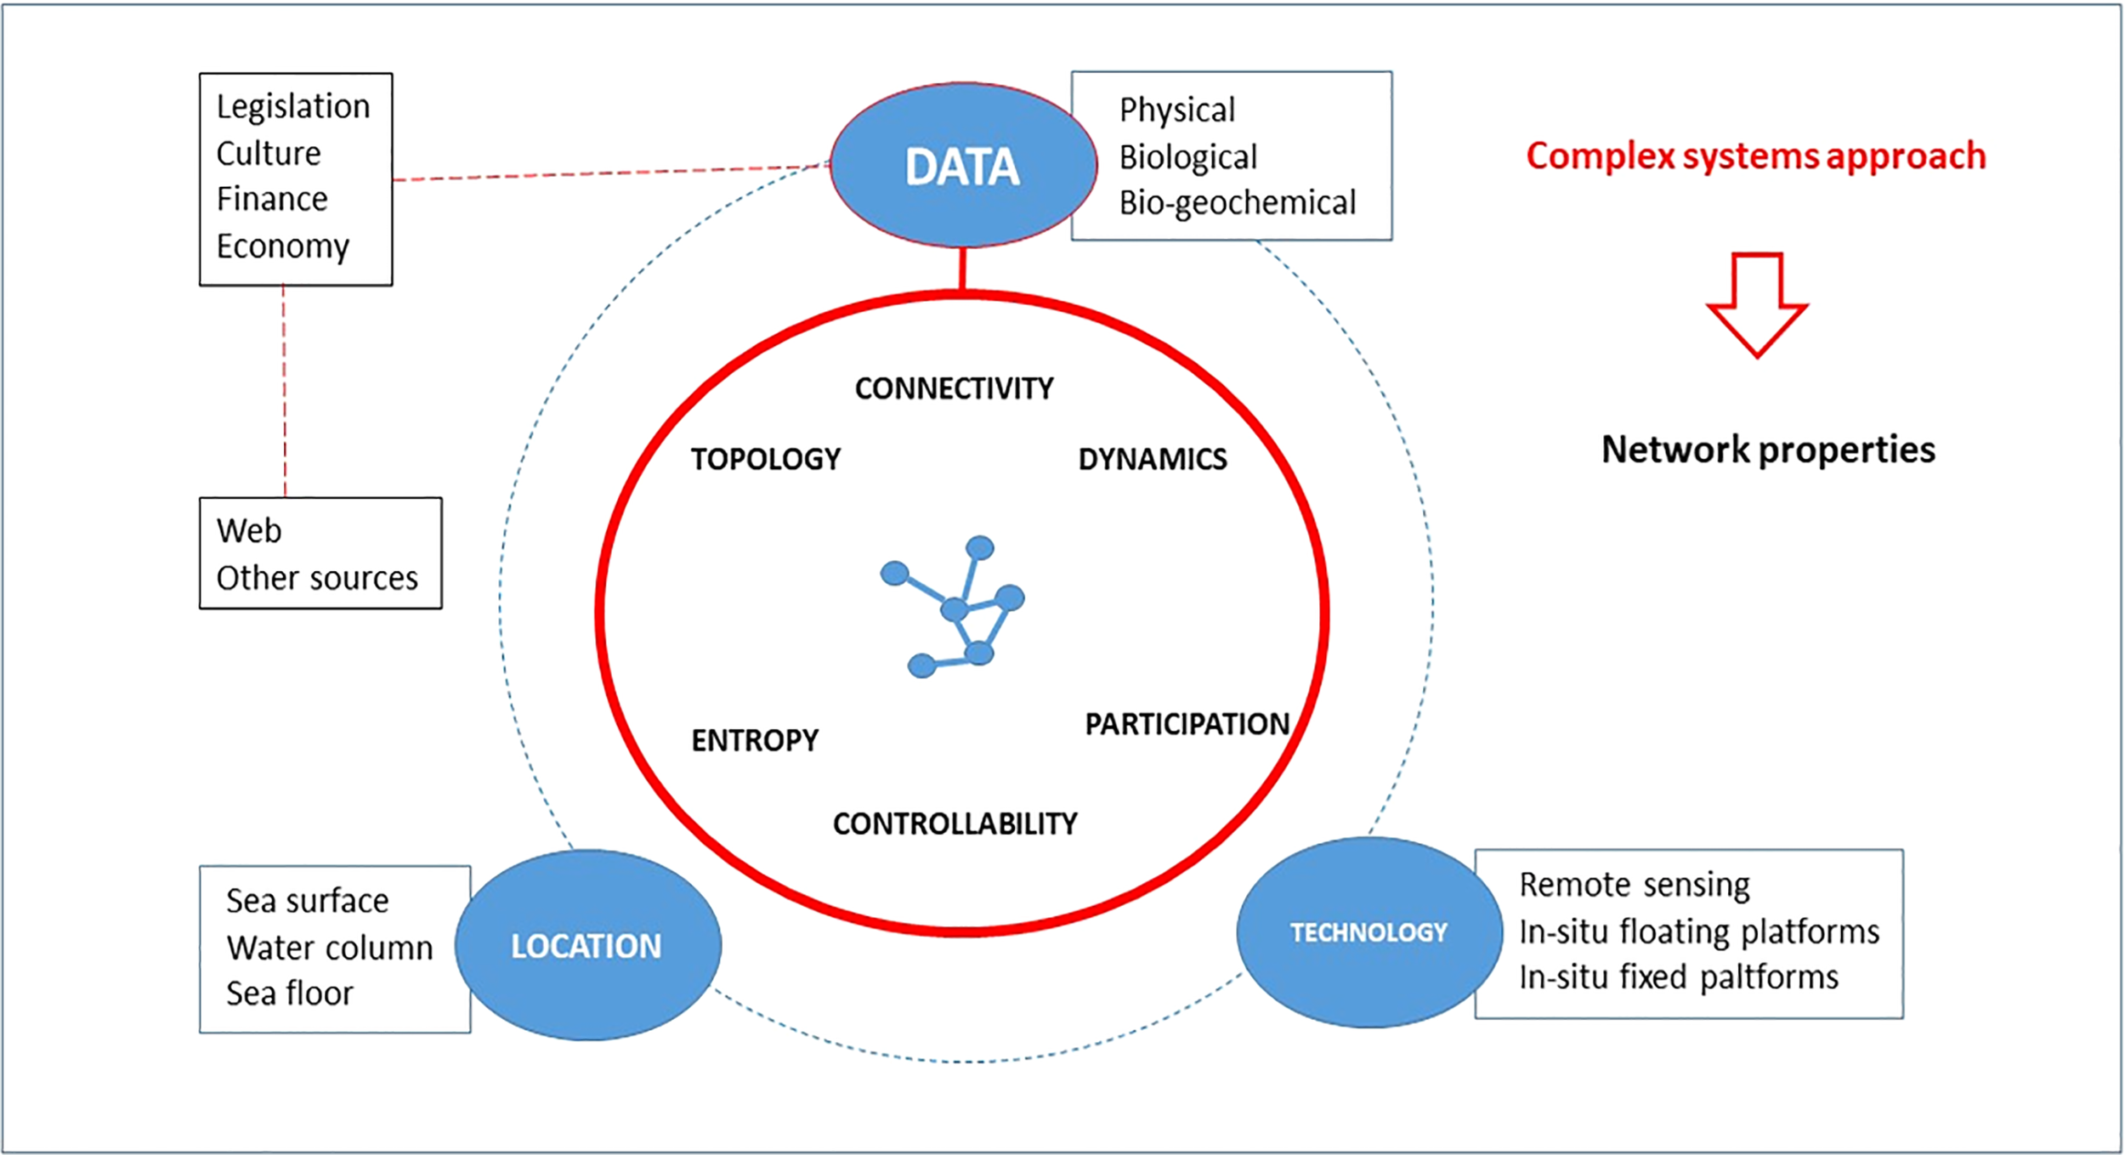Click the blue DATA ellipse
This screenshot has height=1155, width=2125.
[962, 166]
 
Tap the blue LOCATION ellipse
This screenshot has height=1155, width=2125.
[587, 945]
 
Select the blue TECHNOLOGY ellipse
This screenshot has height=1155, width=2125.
[1368, 932]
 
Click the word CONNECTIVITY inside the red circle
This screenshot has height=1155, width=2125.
[954, 388]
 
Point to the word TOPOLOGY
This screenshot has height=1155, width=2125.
[765, 459]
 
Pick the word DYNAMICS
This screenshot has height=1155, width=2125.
[1153, 459]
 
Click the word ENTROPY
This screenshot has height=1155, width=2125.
[755, 740]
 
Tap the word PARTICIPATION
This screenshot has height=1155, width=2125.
[1187, 724]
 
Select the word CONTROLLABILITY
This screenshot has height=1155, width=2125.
[955, 824]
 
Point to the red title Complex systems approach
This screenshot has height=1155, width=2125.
[1755, 156]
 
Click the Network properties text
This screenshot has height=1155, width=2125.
[1768, 450]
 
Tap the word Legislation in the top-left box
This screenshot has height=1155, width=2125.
[293, 107]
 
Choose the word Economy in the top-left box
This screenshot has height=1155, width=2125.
[282, 246]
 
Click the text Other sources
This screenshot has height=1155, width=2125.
[317, 578]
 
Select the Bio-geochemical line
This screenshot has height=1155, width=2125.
[1237, 203]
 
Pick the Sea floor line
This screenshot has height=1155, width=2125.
[289, 993]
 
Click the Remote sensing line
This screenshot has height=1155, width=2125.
[1634, 885]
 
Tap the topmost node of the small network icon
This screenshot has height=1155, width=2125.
[980, 547]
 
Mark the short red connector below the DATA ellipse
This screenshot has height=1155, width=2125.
[962, 269]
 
